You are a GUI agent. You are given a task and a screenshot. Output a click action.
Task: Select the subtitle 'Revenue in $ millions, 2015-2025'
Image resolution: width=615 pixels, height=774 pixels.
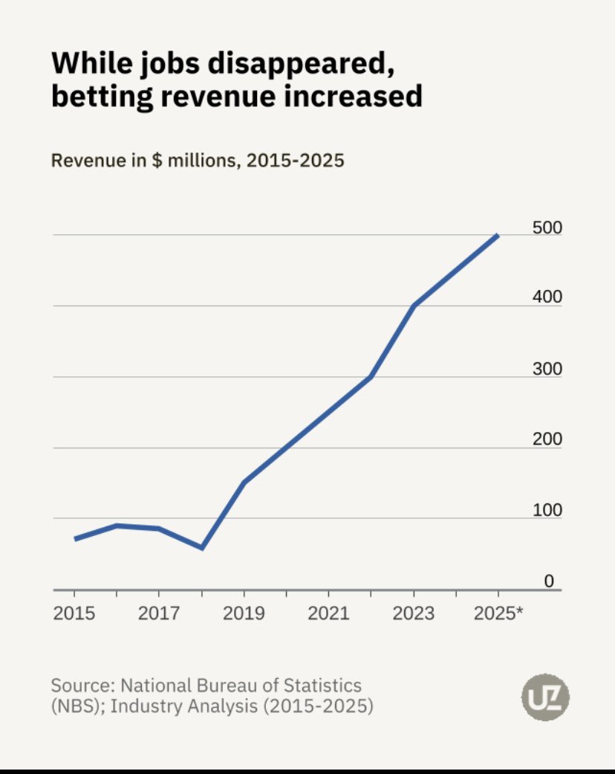pos(197,160)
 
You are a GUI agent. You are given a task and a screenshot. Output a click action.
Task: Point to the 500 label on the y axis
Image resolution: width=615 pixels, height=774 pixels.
pos(547,228)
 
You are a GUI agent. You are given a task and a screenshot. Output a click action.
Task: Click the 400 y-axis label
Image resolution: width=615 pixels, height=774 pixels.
pos(547,297)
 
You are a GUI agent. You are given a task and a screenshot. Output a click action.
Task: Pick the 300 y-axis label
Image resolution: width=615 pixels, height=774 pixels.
pos(547,370)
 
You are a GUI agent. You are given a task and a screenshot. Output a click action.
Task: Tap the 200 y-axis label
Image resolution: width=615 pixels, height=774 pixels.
pos(547,439)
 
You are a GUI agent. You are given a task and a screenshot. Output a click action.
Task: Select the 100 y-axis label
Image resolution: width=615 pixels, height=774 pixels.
pos(547,511)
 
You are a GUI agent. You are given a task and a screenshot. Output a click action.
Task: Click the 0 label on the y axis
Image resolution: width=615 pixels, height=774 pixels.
pos(549,581)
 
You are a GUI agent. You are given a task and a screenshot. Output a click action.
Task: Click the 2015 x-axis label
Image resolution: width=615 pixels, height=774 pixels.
pos(74,613)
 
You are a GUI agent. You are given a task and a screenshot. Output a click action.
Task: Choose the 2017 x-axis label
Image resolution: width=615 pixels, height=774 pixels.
pos(159,613)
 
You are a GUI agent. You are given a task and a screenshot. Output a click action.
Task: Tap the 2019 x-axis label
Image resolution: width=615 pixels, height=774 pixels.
pos(244,613)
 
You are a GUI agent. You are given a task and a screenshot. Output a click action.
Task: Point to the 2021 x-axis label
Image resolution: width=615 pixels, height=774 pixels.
pos(328,613)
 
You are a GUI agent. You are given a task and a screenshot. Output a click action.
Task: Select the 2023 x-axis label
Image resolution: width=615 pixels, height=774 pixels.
pos(413,613)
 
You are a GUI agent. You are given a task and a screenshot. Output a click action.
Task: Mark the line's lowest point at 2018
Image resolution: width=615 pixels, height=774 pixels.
pos(201,548)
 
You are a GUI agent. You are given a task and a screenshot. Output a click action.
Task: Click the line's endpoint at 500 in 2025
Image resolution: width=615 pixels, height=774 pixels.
pos(498,235)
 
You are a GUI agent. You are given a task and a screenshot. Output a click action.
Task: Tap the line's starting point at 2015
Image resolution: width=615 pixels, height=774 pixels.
pos(75,538)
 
